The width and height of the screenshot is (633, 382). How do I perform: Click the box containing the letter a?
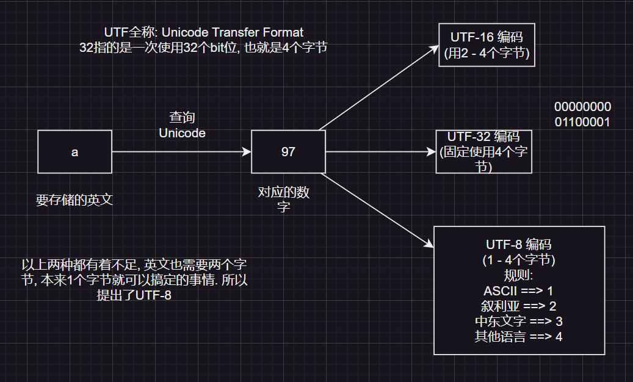pyautogui.click(x=74, y=151)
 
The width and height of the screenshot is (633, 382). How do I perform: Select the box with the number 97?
pyautogui.click(x=288, y=151)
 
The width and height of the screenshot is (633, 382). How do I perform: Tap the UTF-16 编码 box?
pyautogui.click(x=487, y=46)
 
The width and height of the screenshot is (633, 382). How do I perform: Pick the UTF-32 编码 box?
pyautogui.click(x=483, y=151)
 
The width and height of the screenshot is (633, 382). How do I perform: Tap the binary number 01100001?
pyautogui.click(x=582, y=122)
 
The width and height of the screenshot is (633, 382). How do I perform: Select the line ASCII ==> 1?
pyautogui.click(x=518, y=290)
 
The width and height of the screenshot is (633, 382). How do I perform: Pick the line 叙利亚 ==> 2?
pyautogui.click(x=518, y=306)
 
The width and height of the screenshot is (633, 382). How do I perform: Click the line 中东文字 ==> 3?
pyautogui.click(x=518, y=321)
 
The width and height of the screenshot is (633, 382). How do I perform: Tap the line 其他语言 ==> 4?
pyautogui.click(x=518, y=336)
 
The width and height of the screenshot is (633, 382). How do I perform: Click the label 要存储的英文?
pyautogui.click(x=74, y=201)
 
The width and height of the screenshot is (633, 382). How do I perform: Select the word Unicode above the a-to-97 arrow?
pyautogui.click(x=182, y=132)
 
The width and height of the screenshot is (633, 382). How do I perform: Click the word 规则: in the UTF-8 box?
pyautogui.click(x=518, y=275)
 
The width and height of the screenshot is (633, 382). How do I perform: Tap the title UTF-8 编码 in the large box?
pyautogui.click(x=518, y=245)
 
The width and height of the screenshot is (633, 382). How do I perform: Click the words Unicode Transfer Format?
pyautogui.click(x=233, y=32)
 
